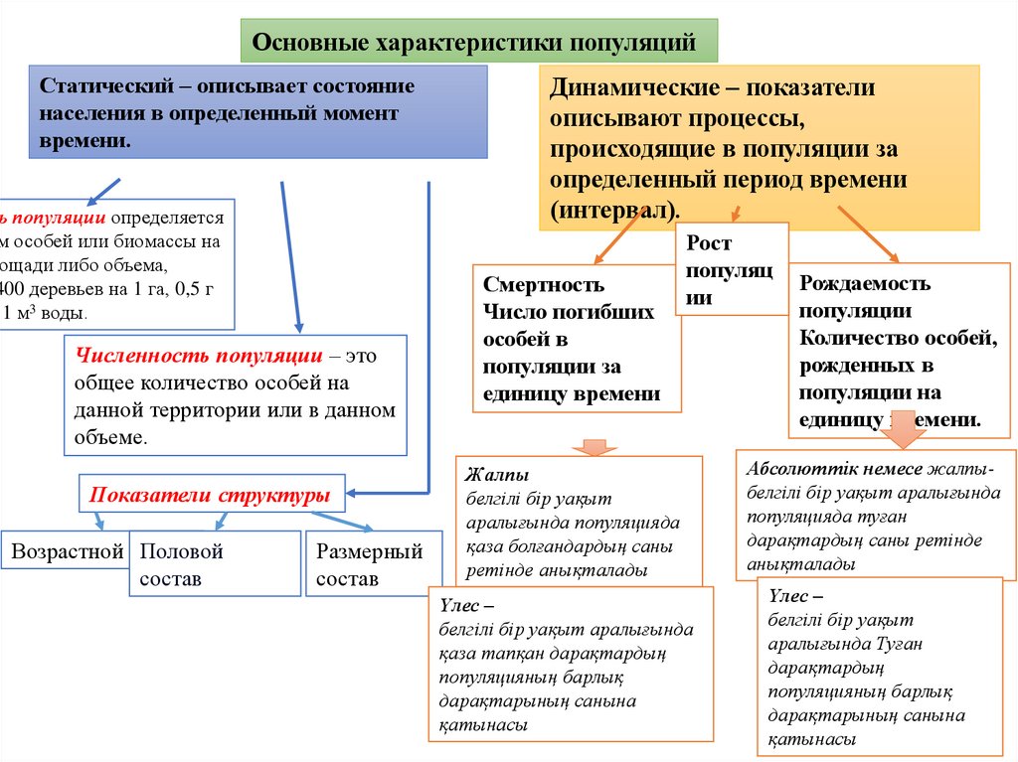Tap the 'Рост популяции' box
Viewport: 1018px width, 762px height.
[731, 269]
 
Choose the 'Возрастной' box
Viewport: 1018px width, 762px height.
[68, 552]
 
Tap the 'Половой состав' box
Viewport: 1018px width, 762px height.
[214, 563]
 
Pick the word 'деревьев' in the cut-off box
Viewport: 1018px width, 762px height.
[72, 289]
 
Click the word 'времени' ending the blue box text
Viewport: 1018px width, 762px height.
[85, 140]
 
